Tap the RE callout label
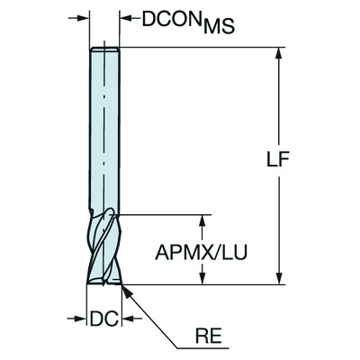tap(209, 340)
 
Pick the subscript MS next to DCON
tap(219, 27)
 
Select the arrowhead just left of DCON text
tap(125, 17)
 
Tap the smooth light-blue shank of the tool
tap(103, 126)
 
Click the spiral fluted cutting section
tap(103, 247)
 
